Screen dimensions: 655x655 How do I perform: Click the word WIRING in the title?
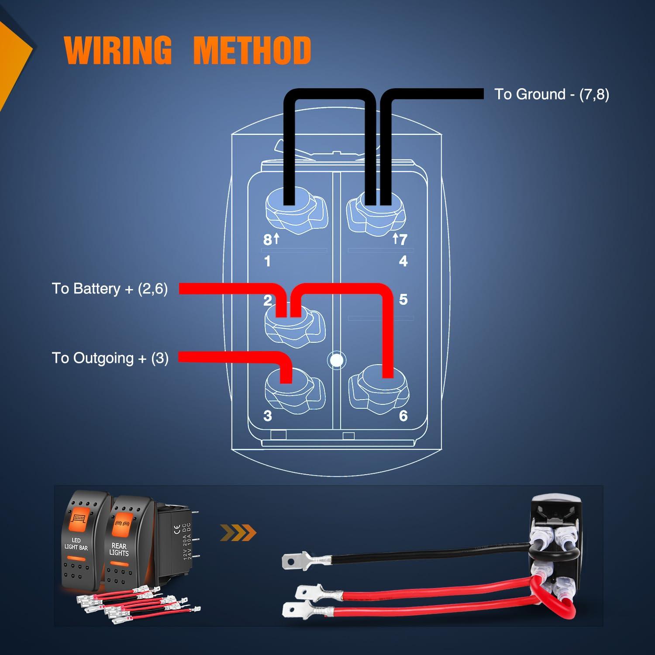[x=118, y=50]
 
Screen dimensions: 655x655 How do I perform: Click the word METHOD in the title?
[x=252, y=50]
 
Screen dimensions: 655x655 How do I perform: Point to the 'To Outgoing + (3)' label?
[x=110, y=358]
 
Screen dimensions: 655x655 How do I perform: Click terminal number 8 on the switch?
[x=268, y=239]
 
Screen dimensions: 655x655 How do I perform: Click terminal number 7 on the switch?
[x=403, y=239]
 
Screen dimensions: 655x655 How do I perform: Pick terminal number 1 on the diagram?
[x=267, y=261]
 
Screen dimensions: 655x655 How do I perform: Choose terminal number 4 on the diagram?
[x=403, y=261]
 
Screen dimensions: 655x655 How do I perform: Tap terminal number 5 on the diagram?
[x=403, y=300]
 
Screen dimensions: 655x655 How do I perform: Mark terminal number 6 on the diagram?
[x=403, y=416]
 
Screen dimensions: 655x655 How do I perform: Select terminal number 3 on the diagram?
[x=268, y=416]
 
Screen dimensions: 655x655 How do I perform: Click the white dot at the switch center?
[x=337, y=360]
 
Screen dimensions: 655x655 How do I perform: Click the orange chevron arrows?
[x=238, y=532]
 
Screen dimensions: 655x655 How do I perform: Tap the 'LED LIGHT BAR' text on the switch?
[x=76, y=544]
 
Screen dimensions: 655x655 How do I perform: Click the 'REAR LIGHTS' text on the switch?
[x=119, y=549]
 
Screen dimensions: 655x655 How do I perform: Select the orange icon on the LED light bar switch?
[x=79, y=519]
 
